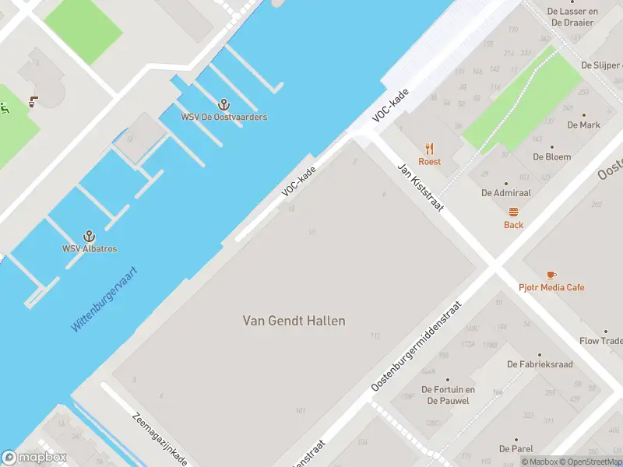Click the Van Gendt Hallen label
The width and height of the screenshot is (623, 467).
tap(294, 321)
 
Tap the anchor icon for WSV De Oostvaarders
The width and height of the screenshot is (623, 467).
tap(224, 104)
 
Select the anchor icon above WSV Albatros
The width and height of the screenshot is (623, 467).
tap(90, 235)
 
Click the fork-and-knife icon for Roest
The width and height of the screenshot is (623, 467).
tap(429, 149)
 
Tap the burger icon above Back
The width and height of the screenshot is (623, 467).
tap(513, 212)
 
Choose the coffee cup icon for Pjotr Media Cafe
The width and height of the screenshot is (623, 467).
tap(551, 275)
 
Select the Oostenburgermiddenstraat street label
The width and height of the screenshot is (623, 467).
tap(417, 346)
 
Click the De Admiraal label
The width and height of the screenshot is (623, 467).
tap(505, 192)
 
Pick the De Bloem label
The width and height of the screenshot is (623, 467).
tap(551, 156)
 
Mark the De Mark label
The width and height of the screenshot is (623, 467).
tap(583, 125)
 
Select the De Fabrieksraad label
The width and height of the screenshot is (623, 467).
tap(540, 364)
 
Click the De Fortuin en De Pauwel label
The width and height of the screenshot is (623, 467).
tap(448, 395)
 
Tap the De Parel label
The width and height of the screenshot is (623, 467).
tap(516, 449)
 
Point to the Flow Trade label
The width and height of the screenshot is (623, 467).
tap(600, 341)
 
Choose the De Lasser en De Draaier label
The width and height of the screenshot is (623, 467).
tap(572, 17)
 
